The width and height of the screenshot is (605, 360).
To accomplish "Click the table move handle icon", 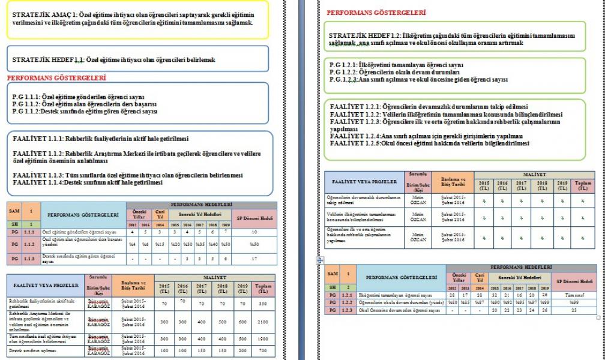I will coord(320,260).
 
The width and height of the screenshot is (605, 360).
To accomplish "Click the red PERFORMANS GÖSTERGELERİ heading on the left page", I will coord(56,78).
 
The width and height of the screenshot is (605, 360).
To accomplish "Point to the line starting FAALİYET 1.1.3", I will coord(42,175).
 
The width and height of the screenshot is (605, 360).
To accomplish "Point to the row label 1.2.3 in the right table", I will coord(347,311).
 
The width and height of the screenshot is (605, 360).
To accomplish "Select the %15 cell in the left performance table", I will coord(160,244).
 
